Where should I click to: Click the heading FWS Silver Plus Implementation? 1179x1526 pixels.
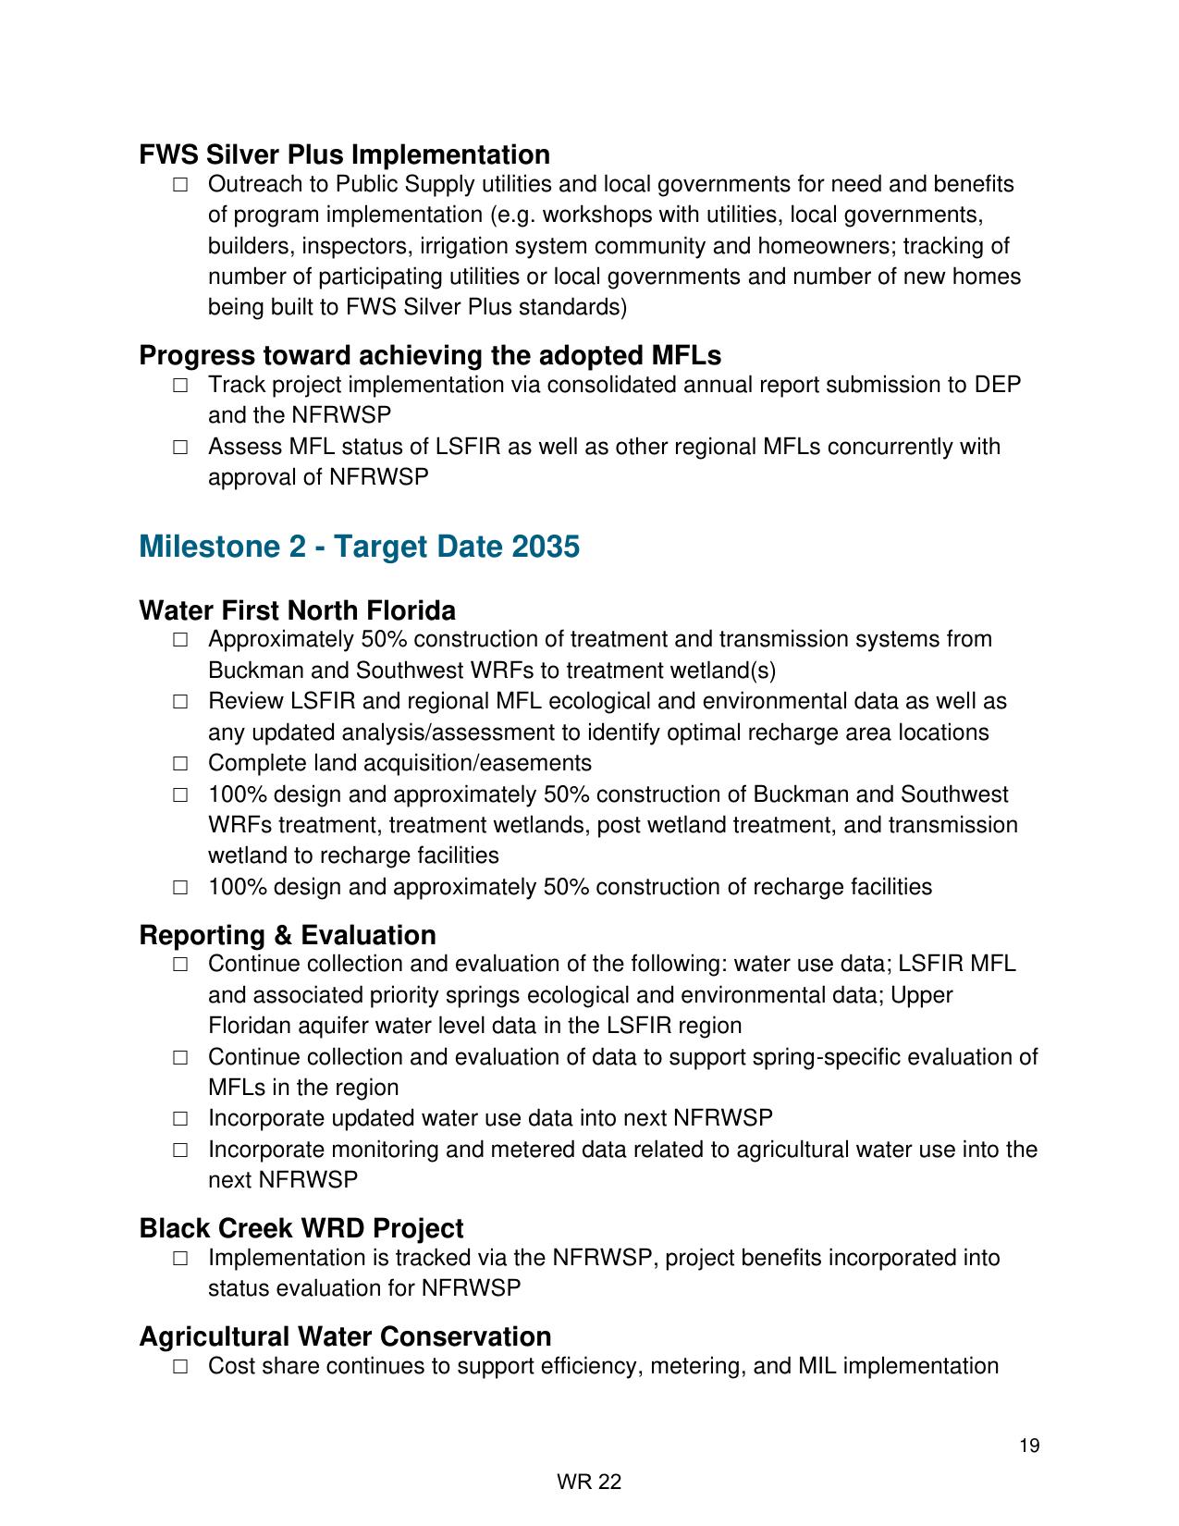[344, 154]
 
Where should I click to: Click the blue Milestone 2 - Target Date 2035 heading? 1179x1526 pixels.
[359, 547]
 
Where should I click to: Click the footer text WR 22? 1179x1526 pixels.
[589, 1483]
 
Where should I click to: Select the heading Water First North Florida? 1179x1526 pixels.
[297, 610]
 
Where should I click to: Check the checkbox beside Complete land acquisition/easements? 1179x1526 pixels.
[180, 764]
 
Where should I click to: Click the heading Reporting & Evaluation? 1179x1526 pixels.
[288, 935]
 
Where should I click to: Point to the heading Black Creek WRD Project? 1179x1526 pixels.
[301, 1228]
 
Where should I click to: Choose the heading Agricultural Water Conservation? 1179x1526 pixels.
[345, 1336]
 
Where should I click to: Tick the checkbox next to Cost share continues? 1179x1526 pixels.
[180, 1367]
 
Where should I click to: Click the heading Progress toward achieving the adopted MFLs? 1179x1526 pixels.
[430, 355]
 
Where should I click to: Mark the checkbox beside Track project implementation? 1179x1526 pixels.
[180, 386]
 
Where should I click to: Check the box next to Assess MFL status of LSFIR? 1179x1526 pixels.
[180, 448]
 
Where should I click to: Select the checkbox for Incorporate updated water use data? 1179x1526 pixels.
[180, 1119]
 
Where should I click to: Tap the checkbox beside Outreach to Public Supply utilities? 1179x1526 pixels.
[180, 185]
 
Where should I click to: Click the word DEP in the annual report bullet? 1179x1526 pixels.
[998, 385]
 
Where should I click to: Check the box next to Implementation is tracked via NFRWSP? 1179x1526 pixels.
[180, 1259]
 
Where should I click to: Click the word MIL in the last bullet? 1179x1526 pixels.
[817, 1366]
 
